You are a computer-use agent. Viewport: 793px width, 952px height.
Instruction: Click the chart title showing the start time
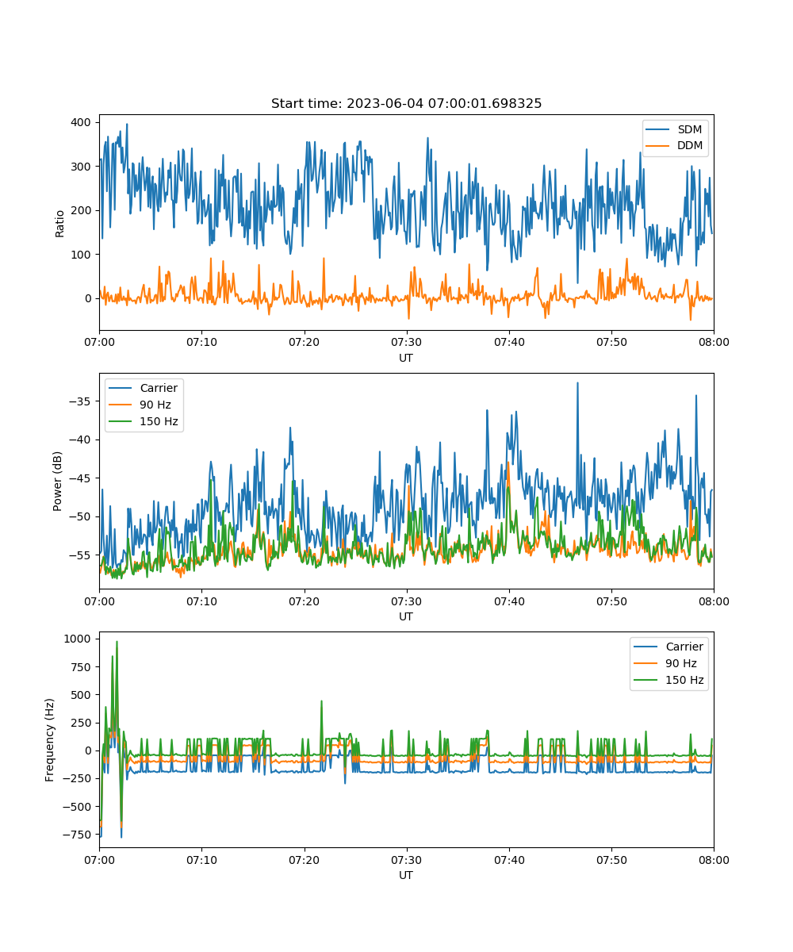[406, 104]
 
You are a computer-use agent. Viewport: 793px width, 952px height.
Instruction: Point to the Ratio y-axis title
[60, 223]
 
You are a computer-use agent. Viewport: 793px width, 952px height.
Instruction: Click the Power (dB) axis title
[58, 482]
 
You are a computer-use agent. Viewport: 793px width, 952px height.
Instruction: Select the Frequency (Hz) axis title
[50, 739]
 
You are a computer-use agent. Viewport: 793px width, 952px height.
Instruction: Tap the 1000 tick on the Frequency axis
[79, 639]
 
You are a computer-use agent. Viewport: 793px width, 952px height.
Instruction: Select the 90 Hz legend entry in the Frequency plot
[673, 663]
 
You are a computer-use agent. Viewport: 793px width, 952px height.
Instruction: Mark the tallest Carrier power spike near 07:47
[577, 382]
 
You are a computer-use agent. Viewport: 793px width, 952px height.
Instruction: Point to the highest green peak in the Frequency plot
[117, 642]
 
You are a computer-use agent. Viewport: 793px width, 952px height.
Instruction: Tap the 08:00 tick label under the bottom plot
[713, 859]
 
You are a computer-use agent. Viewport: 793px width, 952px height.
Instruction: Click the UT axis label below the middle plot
[406, 616]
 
